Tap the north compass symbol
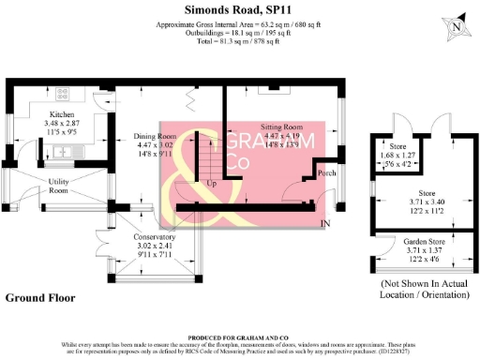455,27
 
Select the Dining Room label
128,137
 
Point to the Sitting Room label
280,126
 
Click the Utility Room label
59,185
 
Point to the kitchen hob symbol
63,94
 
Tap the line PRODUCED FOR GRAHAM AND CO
239,337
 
